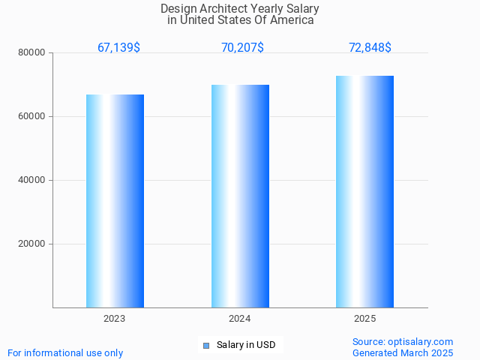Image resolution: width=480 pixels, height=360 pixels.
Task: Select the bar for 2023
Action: [115, 201]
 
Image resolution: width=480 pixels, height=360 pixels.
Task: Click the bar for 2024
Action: [240, 196]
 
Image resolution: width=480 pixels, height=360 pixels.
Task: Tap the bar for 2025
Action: [364, 191]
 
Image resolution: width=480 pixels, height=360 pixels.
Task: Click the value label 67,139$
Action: [118, 48]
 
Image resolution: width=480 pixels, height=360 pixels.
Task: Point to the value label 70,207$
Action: [242, 48]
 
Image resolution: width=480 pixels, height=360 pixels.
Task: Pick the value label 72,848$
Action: [370, 48]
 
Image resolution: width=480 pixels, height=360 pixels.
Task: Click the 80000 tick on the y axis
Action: [32, 53]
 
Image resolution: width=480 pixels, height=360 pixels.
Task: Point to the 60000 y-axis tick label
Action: [32, 117]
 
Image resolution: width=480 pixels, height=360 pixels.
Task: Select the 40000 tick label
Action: [32, 181]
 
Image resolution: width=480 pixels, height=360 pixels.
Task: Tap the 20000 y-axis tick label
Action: [32, 244]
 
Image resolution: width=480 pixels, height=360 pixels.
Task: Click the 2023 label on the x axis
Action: [115, 319]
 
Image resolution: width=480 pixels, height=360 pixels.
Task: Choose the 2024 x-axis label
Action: [240, 319]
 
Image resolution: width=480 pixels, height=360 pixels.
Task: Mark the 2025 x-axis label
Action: [364, 319]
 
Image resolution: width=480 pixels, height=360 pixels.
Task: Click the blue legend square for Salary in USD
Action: [205, 345]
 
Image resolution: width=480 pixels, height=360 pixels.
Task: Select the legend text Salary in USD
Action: [246, 345]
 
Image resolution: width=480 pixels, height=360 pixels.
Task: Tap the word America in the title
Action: [292, 20]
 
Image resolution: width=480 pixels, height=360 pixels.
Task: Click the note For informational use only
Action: [65, 352]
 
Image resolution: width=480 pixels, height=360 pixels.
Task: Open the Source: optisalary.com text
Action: [403, 342]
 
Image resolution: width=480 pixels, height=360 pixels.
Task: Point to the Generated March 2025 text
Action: [403, 352]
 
